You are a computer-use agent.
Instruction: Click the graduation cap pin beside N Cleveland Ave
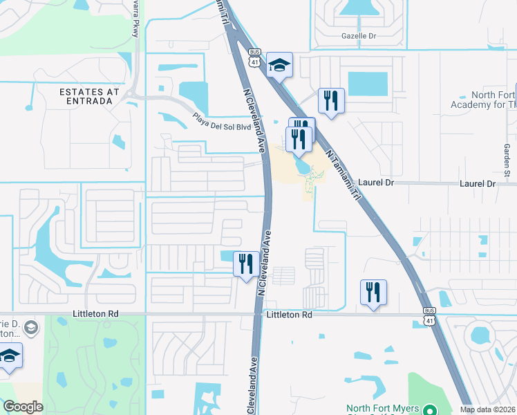[x=279, y=66]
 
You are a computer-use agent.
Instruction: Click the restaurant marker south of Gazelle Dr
[x=331, y=102]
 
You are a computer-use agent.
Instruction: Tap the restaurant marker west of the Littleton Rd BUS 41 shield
[x=373, y=293]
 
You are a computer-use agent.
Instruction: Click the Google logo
[x=23, y=407]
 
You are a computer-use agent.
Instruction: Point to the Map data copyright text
[x=488, y=409]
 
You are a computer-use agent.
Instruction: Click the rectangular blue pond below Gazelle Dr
[x=368, y=84]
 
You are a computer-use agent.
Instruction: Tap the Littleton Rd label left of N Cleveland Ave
[x=95, y=314]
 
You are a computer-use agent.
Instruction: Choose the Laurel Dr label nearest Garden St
[x=478, y=184]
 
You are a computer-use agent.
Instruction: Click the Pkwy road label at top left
[x=135, y=24]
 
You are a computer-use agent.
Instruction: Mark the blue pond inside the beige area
[x=302, y=166]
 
